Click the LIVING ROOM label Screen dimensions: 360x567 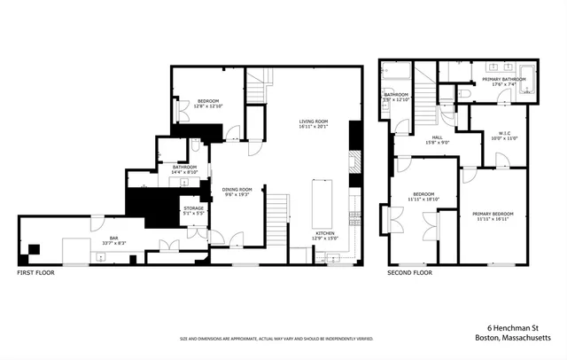point(313,121)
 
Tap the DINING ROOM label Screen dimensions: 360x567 point(237,189)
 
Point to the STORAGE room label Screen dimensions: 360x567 point(193,208)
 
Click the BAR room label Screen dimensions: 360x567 point(114,238)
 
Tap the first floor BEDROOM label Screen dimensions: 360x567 point(209,102)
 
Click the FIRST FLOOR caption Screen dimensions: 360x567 point(35,273)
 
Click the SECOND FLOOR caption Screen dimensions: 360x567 point(408,273)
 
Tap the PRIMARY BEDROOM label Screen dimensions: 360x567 point(493,214)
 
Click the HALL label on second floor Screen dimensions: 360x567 point(437,137)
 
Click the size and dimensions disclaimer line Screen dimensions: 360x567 point(276,339)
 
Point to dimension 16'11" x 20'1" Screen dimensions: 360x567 point(313,127)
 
